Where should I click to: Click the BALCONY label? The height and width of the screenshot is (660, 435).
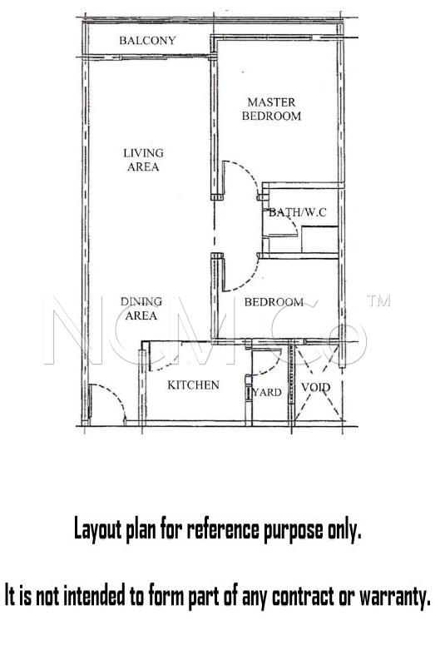(147, 41)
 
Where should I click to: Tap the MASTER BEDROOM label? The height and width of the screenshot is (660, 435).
(271, 109)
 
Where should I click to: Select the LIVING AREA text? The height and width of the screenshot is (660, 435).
(143, 160)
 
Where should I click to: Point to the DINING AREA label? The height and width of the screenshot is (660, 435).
(141, 309)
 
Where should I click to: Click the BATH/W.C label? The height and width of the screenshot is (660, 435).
(298, 212)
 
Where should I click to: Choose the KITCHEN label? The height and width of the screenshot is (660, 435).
(194, 385)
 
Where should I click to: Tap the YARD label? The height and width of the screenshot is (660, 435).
(268, 392)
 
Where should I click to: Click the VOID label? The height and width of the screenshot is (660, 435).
(315, 387)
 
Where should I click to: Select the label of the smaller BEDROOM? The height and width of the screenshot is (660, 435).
(274, 302)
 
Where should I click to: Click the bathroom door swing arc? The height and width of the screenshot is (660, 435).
(294, 226)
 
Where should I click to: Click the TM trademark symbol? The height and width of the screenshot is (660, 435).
(378, 300)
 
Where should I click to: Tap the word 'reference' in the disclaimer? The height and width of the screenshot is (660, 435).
(223, 529)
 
